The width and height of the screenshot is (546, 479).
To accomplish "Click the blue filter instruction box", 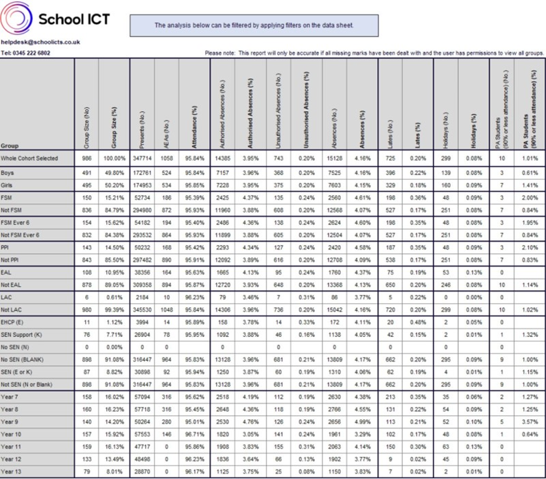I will [253, 25].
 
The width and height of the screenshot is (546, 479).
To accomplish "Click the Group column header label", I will [10, 145].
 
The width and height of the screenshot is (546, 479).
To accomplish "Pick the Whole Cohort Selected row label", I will [29, 159].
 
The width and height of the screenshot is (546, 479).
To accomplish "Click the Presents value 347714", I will [141, 159].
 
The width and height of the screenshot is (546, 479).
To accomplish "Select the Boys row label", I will [8, 173].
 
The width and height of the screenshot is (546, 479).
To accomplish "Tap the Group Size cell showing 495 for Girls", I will [86, 185].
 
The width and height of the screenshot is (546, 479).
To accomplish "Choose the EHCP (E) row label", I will [14, 303].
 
